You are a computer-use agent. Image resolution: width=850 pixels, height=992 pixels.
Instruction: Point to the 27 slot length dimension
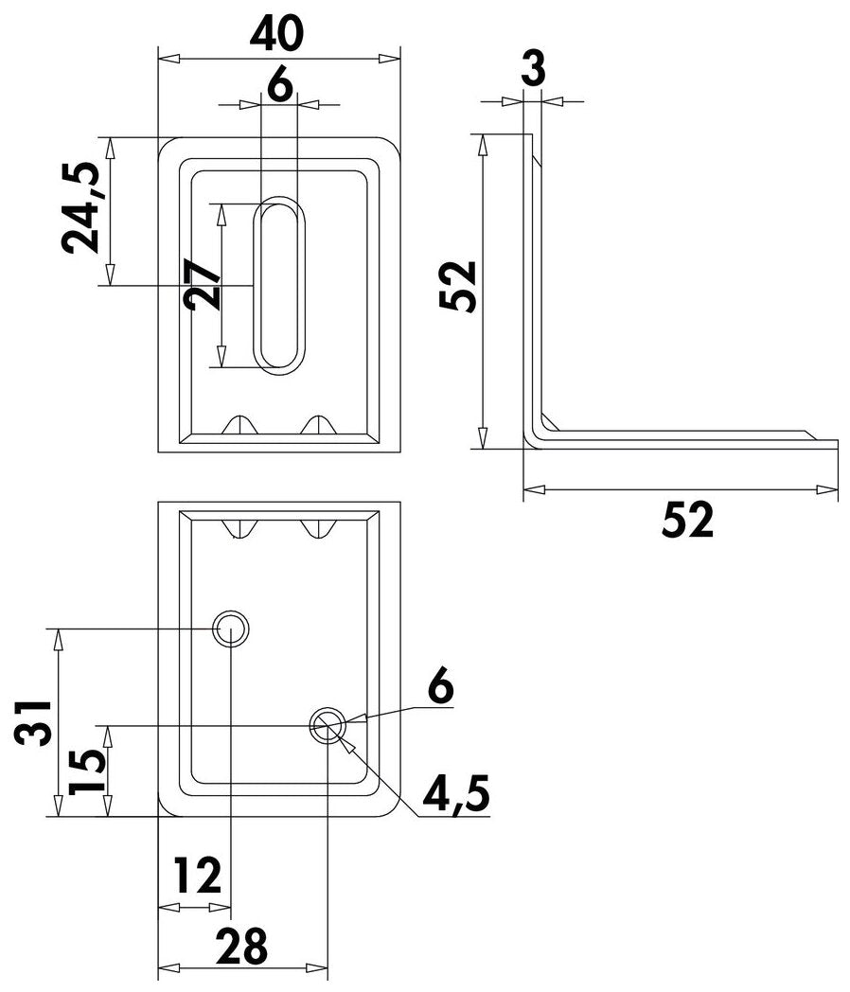click(x=204, y=286)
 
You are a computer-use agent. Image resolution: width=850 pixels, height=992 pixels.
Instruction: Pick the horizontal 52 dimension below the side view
click(x=686, y=519)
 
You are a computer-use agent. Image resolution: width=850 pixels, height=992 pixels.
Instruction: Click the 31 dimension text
click(x=33, y=723)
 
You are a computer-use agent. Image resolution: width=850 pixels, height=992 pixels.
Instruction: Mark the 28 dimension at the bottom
click(x=241, y=945)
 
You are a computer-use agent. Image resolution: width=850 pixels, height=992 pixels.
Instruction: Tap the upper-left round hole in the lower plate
click(x=231, y=629)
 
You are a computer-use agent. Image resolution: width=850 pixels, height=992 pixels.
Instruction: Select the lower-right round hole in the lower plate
click(x=328, y=726)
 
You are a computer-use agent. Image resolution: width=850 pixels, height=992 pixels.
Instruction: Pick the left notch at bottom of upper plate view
click(x=242, y=425)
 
